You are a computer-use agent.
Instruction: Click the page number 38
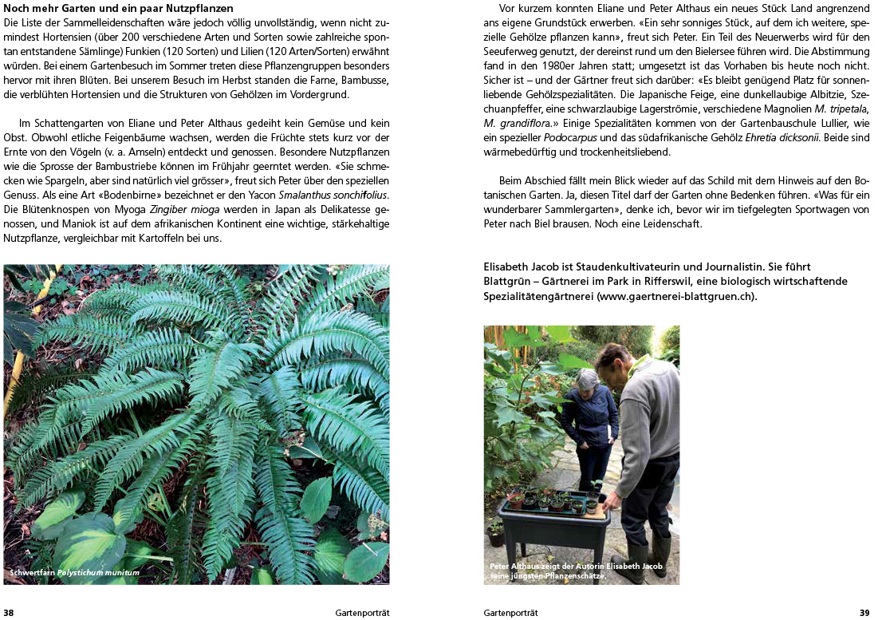tap(9, 613)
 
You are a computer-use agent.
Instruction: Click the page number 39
tap(864, 613)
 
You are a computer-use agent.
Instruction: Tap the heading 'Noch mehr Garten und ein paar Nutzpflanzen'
tap(118, 9)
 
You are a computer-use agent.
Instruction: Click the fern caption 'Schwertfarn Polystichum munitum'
tap(74, 572)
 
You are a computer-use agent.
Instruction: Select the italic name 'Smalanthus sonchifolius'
tap(333, 195)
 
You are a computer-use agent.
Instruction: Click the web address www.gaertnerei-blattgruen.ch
tap(675, 296)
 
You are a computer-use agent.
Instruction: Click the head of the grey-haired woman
tap(587, 379)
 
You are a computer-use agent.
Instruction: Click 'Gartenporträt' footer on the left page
tap(362, 613)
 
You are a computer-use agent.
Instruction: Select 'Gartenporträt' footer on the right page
tap(510, 613)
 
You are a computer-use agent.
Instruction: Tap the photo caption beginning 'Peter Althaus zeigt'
tap(576, 571)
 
